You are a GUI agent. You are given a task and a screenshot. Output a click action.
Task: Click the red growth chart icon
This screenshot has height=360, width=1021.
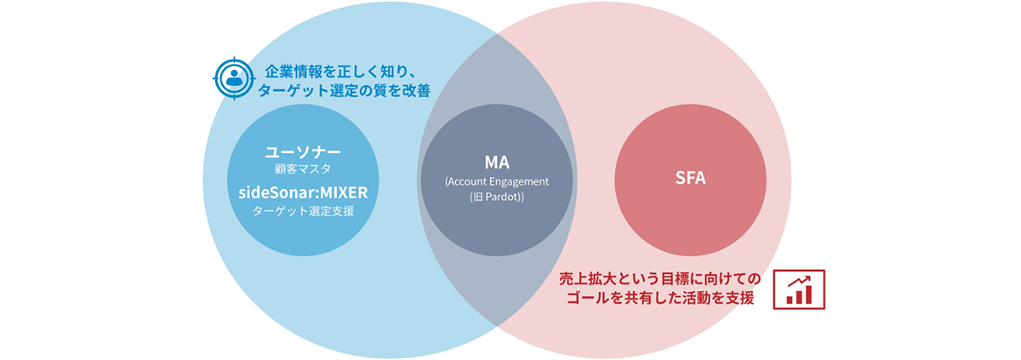click(x=799, y=290)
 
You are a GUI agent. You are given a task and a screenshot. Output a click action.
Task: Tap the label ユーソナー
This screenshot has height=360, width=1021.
click(x=303, y=153)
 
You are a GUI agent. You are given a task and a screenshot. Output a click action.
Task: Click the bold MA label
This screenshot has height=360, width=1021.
click(x=498, y=163)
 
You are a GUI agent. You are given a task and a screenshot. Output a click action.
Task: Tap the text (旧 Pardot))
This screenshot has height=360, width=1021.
click(x=498, y=197)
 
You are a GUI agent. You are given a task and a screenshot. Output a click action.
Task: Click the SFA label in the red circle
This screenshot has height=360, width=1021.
click(x=690, y=180)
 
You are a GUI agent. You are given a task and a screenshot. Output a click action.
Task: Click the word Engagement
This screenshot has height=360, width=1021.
click(x=521, y=181)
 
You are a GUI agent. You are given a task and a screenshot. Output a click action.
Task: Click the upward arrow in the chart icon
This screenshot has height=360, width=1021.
click(x=801, y=282)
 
